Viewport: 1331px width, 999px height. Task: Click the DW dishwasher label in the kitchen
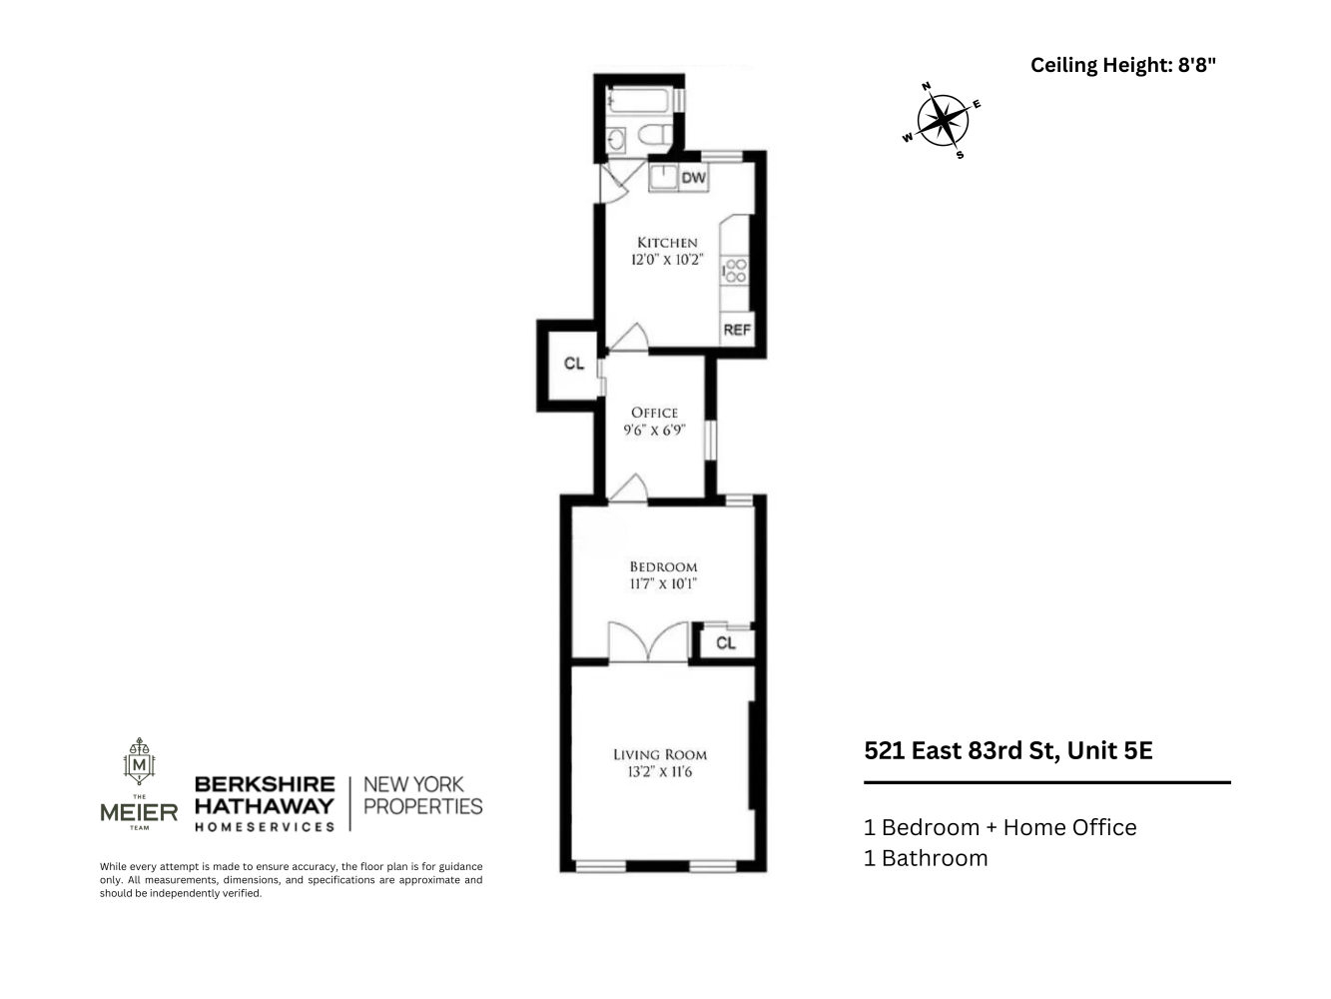pos(694,179)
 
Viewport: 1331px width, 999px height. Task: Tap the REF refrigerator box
pos(737,330)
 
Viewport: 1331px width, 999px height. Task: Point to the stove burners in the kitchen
pos(737,270)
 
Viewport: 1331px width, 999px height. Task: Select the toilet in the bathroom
pos(655,136)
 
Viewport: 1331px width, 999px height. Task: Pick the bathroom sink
pos(616,139)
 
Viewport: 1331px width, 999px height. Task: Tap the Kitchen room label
pos(667,243)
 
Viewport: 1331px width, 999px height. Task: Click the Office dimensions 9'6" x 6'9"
pos(654,431)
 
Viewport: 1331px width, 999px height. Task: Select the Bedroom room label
pos(663,566)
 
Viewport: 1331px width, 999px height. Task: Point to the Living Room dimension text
pos(659,772)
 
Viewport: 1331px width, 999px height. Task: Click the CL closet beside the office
pos(574,364)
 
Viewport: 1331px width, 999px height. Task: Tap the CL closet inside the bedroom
pos(726,643)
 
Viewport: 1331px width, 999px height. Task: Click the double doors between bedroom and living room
pos(649,641)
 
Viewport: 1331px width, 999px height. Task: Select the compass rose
pos(943,121)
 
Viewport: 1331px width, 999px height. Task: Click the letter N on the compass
pos(927,87)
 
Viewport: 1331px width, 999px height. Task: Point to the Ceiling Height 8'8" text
pos(1123,66)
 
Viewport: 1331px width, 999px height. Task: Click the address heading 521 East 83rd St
pos(1007,750)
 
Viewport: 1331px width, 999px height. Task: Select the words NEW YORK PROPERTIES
pos(422,795)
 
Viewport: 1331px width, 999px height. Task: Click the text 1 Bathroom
pos(926,858)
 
